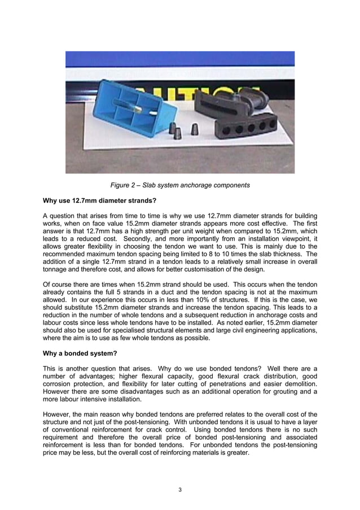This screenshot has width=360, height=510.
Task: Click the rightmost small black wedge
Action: tap(195, 129)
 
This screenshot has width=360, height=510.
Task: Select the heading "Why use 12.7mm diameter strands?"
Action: tap(95, 200)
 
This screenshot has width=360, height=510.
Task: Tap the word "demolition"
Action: tap(299, 382)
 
